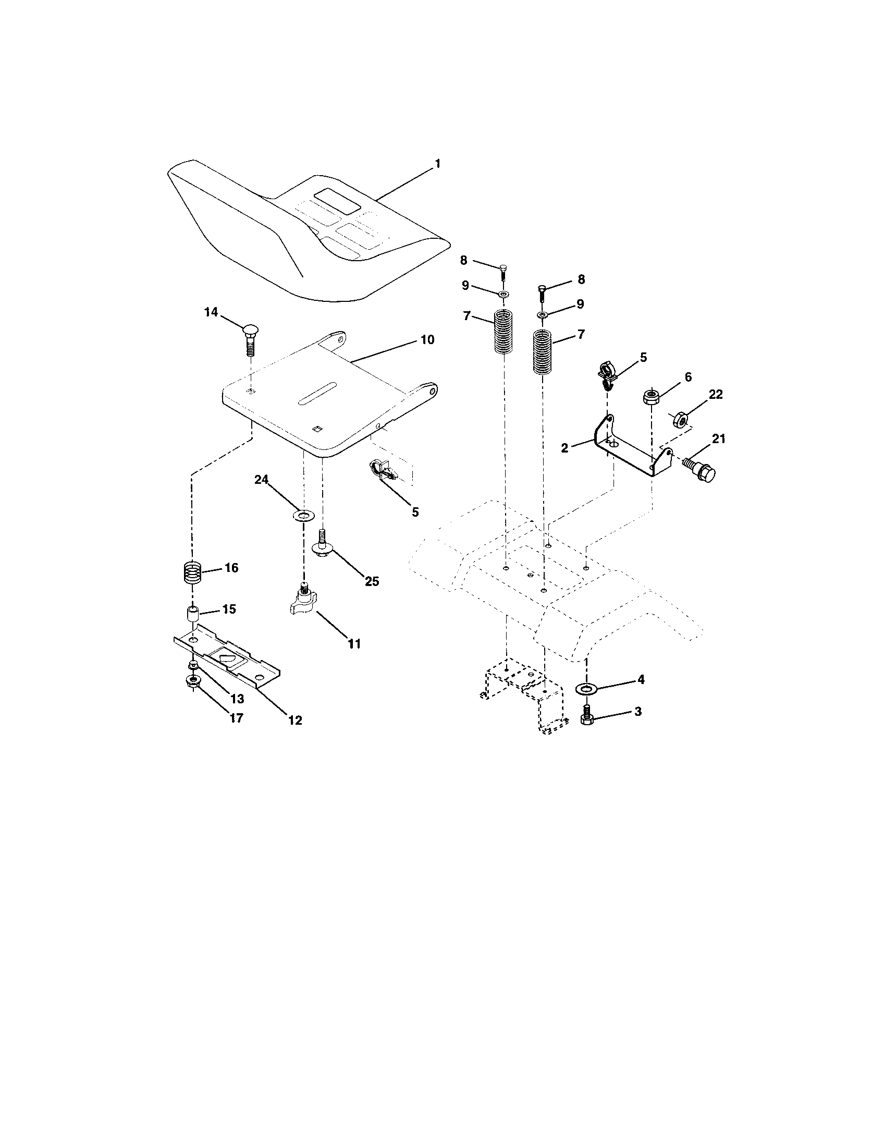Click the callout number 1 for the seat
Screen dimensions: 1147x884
pyautogui.click(x=437, y=164)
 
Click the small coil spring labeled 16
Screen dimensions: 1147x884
pyautogui.click(x=192, y=572)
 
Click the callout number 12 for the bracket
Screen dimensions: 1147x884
pyautogui.click(x=295, y=720)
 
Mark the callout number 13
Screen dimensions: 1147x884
pyautogui.click(x=237, y=699)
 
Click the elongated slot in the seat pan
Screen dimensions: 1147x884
pyautogui.click(x=317, y=393)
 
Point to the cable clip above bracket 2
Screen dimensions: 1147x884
pyautogui.click(x=607, y=372)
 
